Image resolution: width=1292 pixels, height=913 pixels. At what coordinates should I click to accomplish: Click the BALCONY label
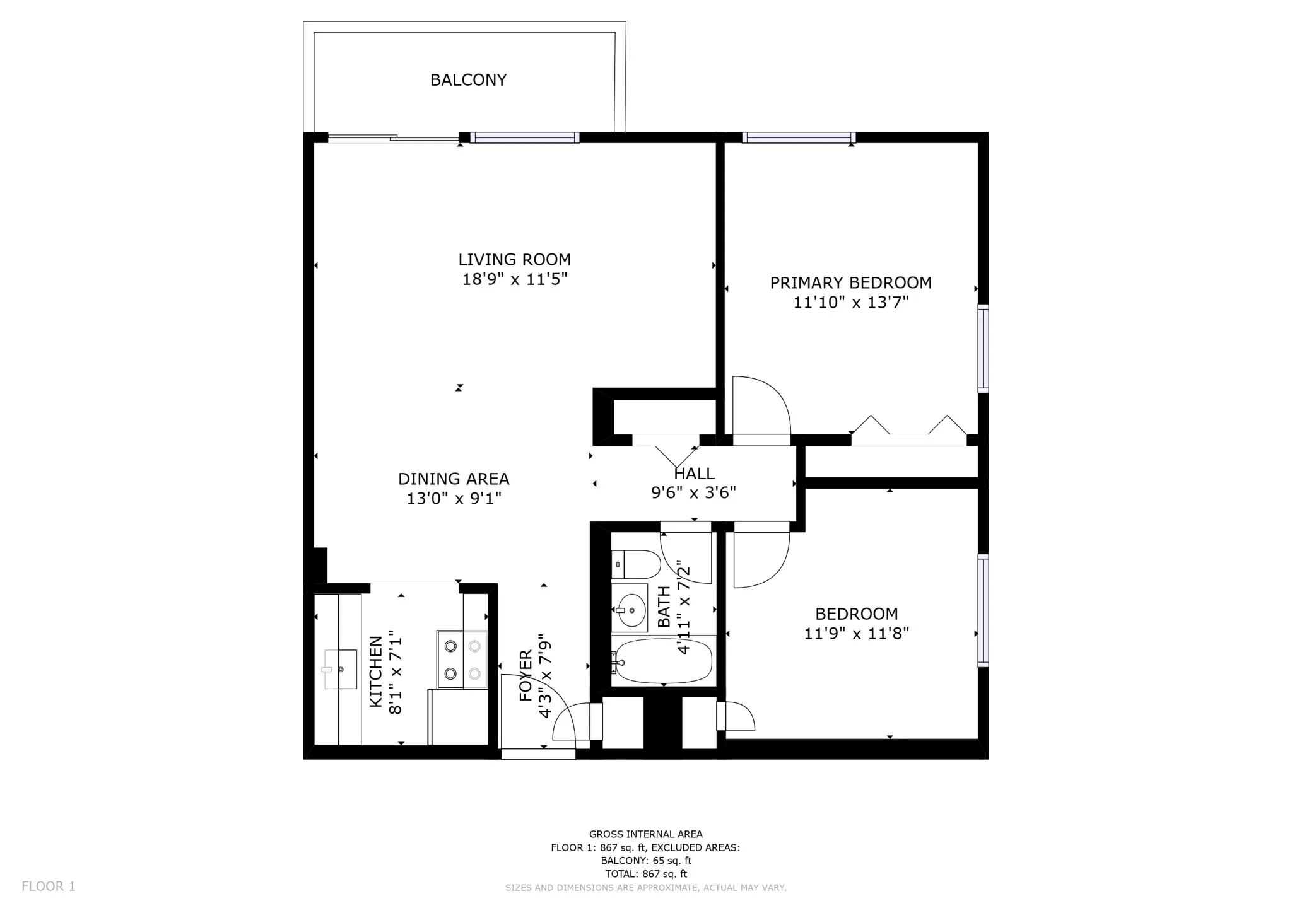[x=468, y=80]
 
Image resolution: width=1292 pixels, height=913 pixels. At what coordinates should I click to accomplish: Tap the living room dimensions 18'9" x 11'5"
[x=515, y=279]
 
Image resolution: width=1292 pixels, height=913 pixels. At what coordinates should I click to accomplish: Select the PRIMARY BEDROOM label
[x=850, y=282]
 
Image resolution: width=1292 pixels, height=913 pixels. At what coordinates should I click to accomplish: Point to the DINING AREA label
[x=454, y=479]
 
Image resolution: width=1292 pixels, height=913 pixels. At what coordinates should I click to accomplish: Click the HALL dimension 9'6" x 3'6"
[x=693, y=492]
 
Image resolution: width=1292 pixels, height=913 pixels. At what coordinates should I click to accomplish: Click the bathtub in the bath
[x=664, y=661]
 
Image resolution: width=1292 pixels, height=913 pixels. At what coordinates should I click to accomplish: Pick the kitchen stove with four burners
[x=462, y=659]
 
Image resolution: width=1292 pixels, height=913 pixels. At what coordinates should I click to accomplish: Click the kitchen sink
[x=340, y=669]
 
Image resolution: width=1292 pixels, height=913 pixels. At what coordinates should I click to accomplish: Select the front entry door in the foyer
[x=537, y=753]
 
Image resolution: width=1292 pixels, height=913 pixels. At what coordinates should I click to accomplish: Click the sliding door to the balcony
[x=394, y=137]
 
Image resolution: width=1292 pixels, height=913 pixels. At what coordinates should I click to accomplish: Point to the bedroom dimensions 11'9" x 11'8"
[x=856, y=633]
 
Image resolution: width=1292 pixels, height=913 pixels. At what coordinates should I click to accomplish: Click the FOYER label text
[x=526, y=675]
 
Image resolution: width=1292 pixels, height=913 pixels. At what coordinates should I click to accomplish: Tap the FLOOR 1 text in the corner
[x=49, y=887]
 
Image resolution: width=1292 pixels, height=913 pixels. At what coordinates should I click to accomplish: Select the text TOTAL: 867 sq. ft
[x=645, y=874]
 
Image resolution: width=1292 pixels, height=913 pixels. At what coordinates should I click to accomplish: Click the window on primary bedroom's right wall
[x=983, y=348]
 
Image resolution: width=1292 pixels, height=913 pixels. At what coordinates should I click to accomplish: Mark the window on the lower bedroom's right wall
[x=983, y=610]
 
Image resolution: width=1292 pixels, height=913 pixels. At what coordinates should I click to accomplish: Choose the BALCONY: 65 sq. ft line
[x=645, y=861]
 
